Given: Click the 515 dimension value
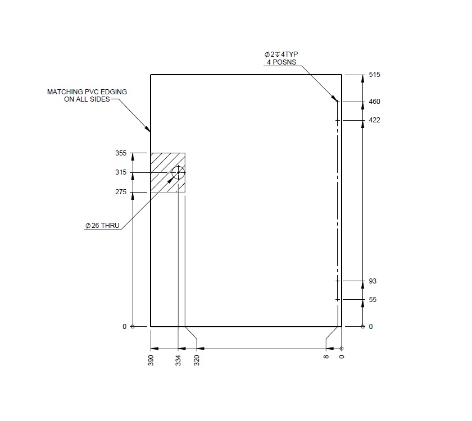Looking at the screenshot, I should tap(374, 75).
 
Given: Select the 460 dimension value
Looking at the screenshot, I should tap(374, 102).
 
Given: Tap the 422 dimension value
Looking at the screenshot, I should tap(374, 120).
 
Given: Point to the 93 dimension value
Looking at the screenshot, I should tap(373, 281).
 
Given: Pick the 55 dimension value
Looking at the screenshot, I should tap(373, 300).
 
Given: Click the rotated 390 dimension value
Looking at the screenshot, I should tap(151, 360).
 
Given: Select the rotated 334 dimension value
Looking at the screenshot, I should tap(178, 360).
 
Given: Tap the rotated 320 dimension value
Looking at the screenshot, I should tap(197, 360).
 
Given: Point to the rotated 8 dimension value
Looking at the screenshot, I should tap(326, 356).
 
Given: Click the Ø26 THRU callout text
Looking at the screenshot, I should tap(102, 226).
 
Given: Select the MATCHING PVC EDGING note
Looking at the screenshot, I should tap(87, 95).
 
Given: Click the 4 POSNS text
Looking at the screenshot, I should tap(280, 62).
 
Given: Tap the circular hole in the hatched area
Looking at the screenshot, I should tap(178, 172).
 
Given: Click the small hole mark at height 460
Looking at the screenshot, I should tap(338, 102).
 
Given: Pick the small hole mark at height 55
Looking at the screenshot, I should tap(338, 300).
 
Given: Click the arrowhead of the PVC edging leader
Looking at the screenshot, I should tap(149, 130).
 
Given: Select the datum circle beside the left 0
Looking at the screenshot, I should tap(133, 327).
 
